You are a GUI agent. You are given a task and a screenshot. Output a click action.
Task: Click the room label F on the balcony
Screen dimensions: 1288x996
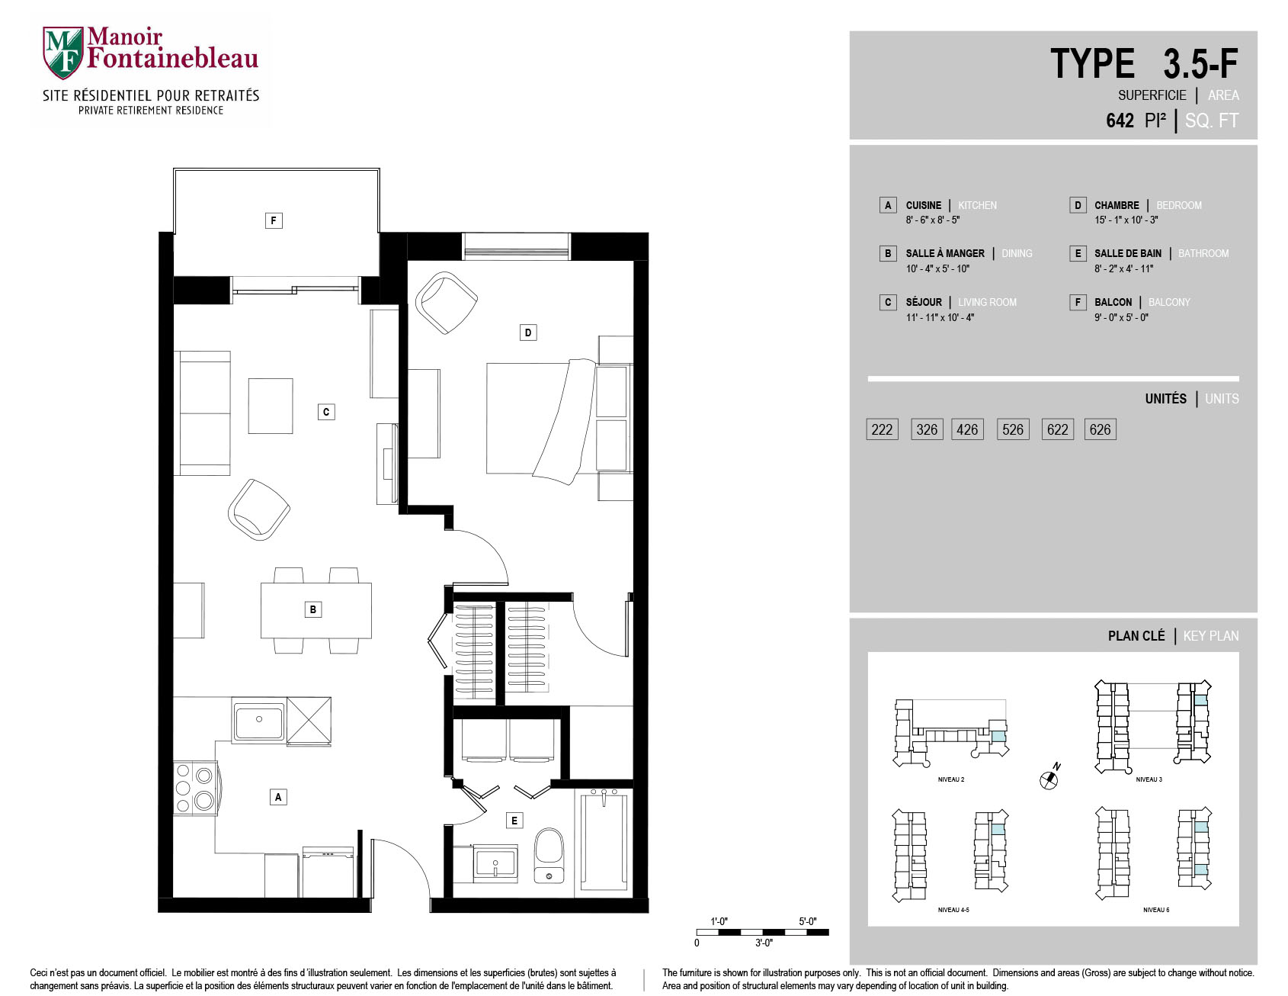click(274, 220)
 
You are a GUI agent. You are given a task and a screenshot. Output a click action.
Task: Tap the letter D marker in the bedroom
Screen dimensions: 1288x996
click(528, 333)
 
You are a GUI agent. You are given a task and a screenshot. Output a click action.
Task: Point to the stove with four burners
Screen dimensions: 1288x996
click(194, 787)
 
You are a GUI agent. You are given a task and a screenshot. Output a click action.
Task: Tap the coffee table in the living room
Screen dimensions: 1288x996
click(271, 406)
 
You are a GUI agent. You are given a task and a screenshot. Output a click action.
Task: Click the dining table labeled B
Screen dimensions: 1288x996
click(316, 610)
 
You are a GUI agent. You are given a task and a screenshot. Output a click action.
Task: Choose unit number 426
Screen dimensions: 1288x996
click(967, 429)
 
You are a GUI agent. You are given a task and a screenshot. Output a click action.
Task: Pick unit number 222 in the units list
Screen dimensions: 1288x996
click(882, 429)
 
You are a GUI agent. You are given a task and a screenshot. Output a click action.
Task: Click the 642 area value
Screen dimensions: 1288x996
click(1120, 120)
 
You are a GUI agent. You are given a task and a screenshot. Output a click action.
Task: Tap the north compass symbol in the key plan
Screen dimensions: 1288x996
click(1049, 778)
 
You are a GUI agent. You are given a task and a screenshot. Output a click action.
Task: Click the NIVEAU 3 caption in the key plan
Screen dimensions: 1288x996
click(1149, 779)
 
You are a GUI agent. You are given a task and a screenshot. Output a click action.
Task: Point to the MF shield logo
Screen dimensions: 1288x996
click(62, 53)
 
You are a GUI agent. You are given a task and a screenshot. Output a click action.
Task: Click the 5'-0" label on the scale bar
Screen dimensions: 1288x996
click(807, 921)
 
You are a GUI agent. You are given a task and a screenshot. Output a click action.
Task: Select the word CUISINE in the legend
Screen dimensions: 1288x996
click(923, 205)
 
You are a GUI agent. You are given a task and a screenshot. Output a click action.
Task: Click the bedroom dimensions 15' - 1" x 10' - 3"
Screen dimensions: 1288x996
click(1126, 220)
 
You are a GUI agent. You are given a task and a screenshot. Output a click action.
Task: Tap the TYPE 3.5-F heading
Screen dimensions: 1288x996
click(1144, 63)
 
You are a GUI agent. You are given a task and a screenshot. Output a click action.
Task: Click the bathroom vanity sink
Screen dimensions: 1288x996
click(495, 864)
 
